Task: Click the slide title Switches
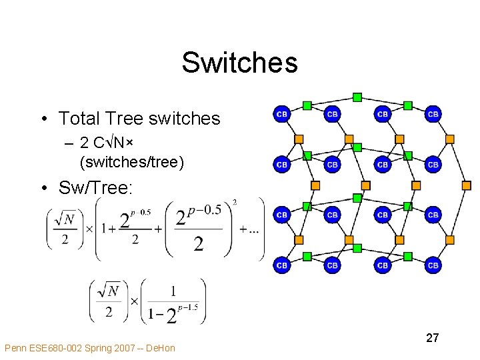(x=239, y=63)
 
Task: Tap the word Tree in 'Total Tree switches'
(x=126, y=119)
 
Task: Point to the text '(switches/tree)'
(x=131, y=161)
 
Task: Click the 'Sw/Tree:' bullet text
(x=95, y=188)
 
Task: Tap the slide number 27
(x=432, y=338)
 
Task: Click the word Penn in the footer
(x=16, y=348)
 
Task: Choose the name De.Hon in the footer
(x=161, y=348)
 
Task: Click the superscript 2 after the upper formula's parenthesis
(x=234, y=203)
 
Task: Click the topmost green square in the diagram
(x=357, y=97)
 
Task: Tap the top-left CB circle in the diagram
(x=282, y=114)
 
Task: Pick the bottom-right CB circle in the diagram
(x=433, y=265)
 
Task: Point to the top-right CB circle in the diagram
(x=433, y=114)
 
